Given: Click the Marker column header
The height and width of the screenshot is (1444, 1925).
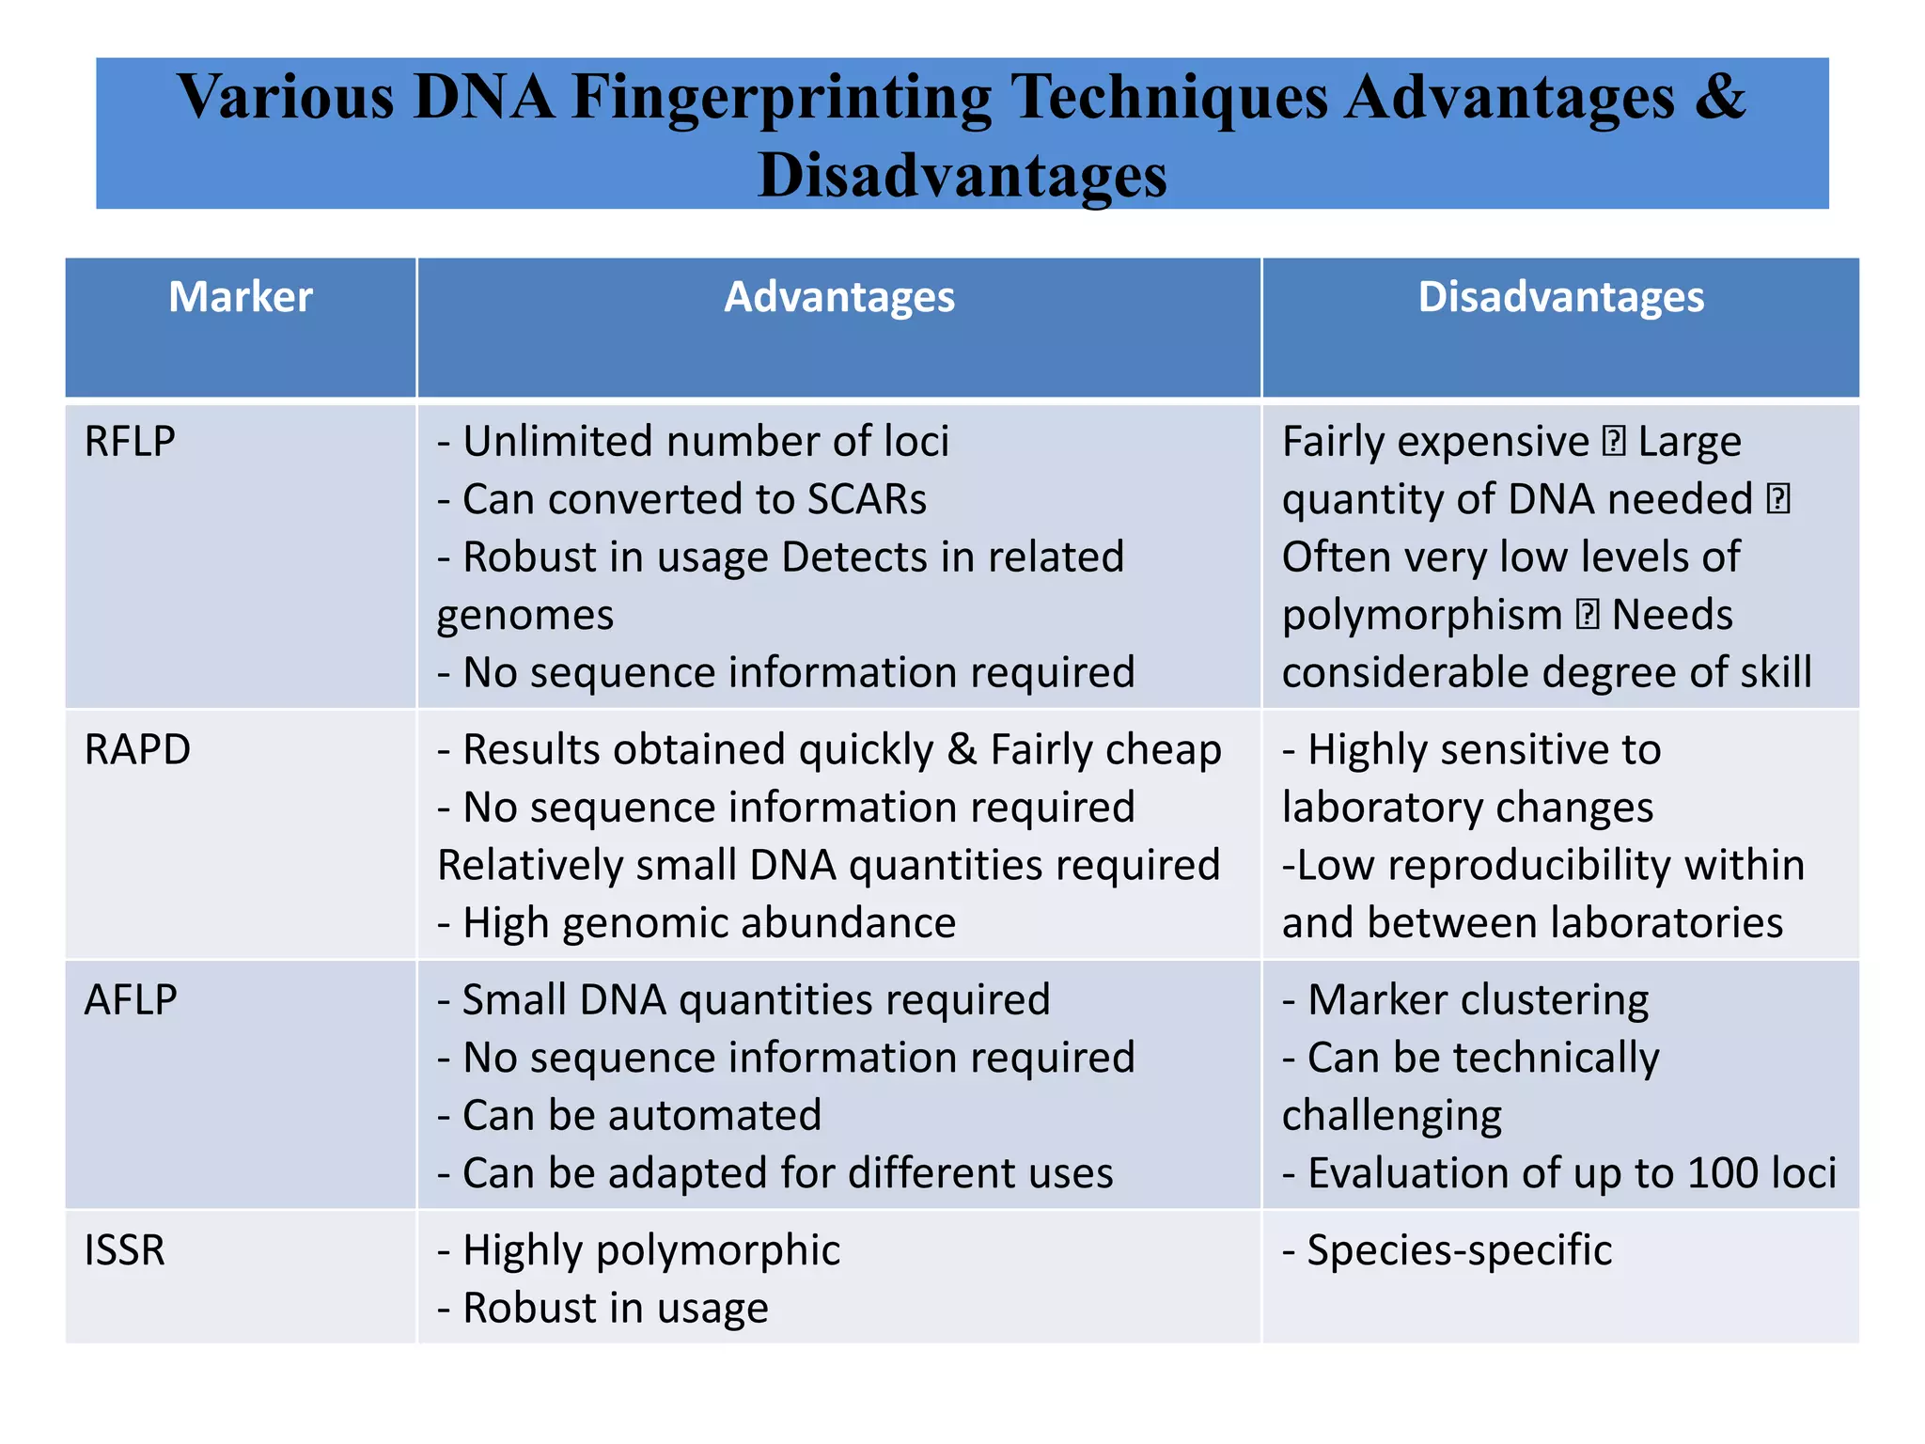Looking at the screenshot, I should tap(240, 297).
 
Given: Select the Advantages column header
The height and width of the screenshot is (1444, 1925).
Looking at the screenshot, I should tap(838, 297).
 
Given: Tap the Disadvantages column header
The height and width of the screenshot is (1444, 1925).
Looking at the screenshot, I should tap(1560, 297).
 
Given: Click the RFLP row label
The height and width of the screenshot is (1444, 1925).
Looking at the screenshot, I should tap(130, 441).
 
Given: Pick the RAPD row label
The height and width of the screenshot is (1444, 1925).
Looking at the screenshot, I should tap(137, 749).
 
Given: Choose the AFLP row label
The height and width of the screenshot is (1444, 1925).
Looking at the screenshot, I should tap(131, 999).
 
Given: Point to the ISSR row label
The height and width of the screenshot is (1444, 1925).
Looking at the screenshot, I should tap(125, 1250).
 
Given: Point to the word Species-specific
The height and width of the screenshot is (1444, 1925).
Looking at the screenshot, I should tap(1459, 1250).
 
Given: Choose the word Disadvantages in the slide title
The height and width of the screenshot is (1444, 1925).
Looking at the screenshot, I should tap(962, 176).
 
